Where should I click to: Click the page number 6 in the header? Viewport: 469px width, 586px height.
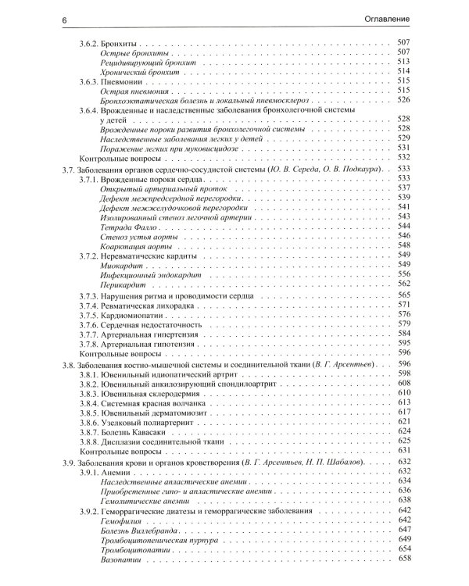63,17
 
